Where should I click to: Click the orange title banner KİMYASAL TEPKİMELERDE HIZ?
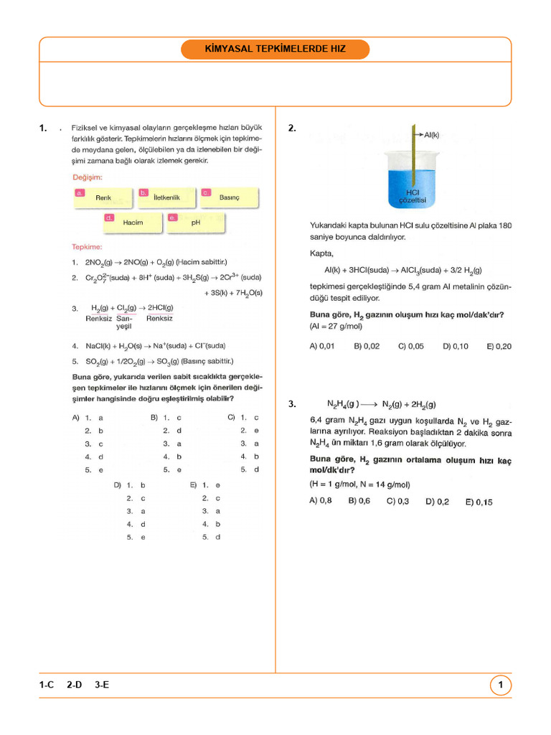click(x=275, y=50)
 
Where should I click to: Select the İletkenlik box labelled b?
click(x=166, y=197)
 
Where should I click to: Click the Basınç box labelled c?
click(x=229, y=197)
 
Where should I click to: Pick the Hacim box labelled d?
click(x=133, y=223)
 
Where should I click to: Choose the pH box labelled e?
click(x=195, y=223)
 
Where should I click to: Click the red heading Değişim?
click(x=88, y=177)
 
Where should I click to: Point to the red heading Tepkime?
click(x=87, y=246)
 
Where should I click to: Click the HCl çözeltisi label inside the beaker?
click(x=413, y=196)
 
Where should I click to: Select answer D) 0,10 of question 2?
click(x=456, y=346)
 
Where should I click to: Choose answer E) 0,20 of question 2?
click(x=499, y=346)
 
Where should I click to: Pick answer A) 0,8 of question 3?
click(x=321, y=501)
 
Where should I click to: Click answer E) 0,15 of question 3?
click(x=479, y=502)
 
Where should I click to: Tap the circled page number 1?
click(x=500, y=685)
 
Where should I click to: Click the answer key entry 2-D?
click(x=75, y=685)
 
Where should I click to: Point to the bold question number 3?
click(x=292, y=404)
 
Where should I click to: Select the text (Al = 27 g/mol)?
click(x=336, y=327)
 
